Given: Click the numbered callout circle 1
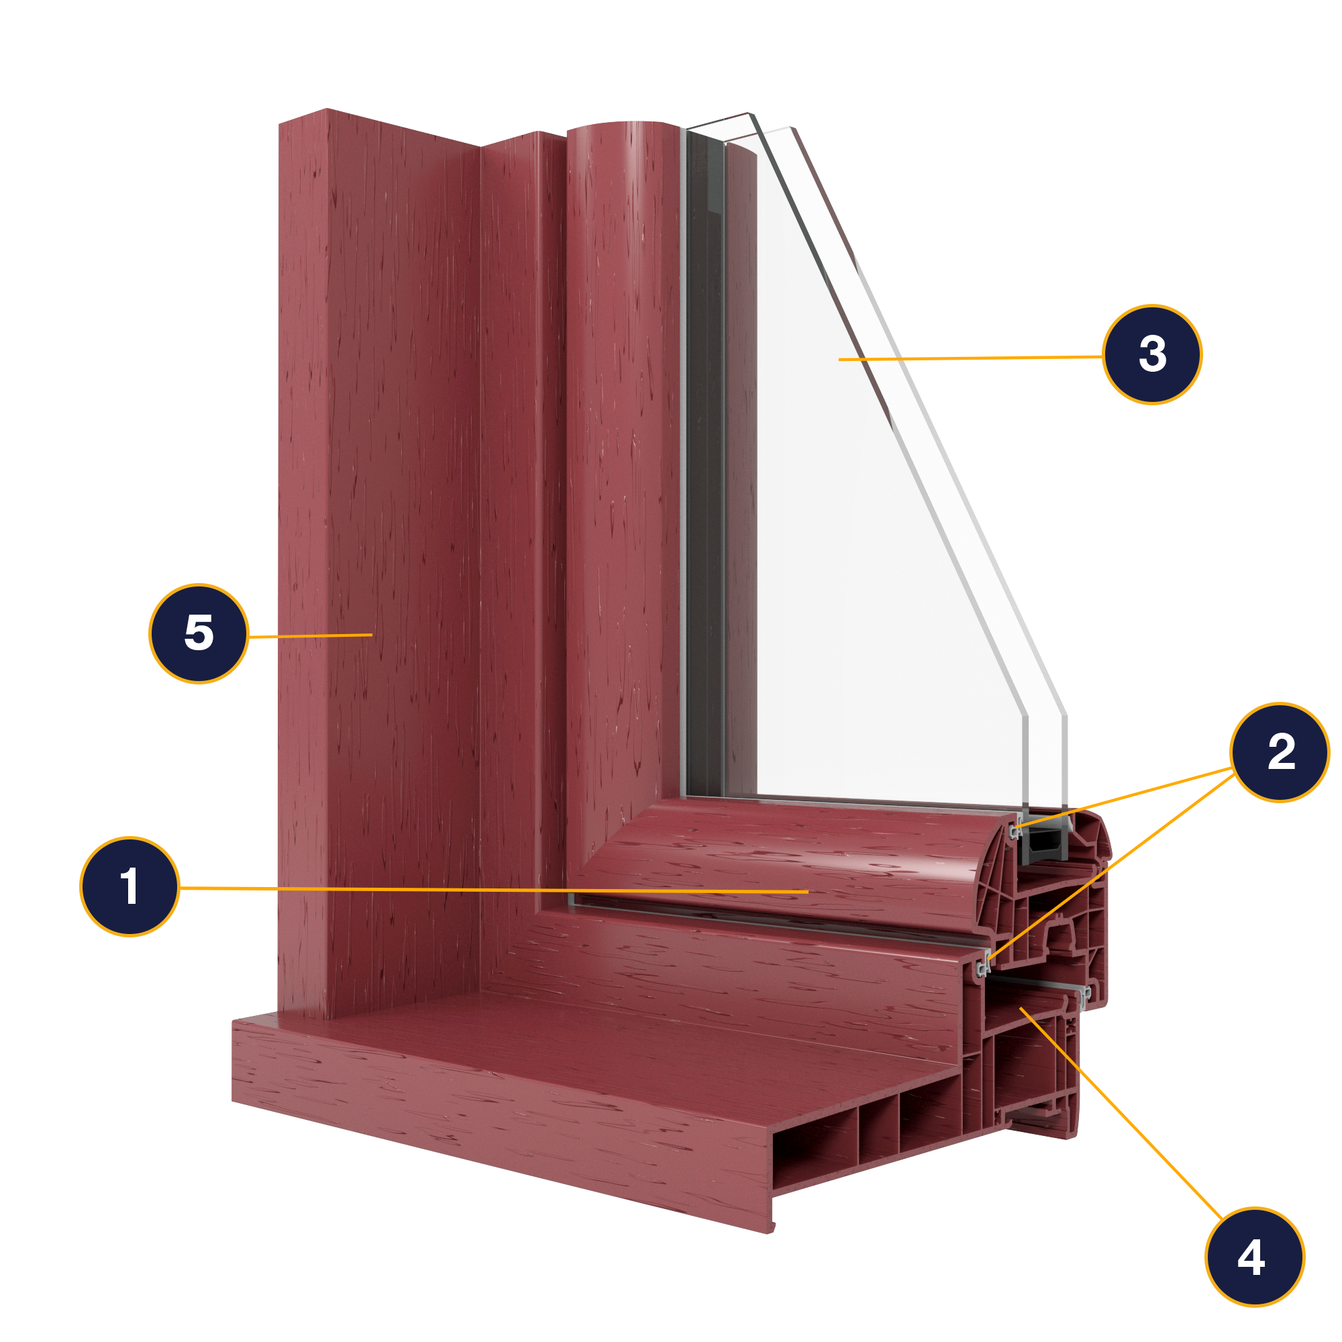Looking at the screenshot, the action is tap(130, 886).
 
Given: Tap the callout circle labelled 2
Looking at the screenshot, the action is tap(1280, 752).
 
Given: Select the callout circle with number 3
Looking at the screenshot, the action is tap(1152, 354).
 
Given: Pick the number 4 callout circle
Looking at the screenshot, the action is tap(1255, 1257).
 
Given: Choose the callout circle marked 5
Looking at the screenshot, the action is tap(199, 633).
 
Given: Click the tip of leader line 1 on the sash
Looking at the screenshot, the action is tap(808, 891).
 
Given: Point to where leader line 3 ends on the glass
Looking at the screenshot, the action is tap(839, 359).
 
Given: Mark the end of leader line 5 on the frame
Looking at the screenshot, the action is tap(372, 634).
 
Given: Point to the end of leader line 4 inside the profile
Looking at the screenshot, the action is tap(1021, 1008).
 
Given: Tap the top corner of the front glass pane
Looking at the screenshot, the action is tap(749, 113).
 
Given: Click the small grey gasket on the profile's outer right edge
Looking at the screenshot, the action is tap(1086, 994).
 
